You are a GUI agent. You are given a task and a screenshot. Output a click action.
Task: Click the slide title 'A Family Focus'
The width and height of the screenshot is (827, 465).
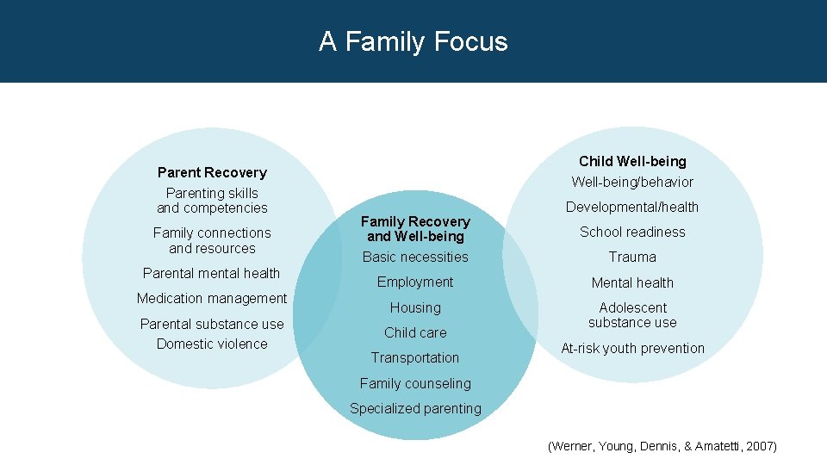coord(413,41)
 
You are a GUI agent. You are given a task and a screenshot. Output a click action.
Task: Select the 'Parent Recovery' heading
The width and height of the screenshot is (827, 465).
coord(212,172)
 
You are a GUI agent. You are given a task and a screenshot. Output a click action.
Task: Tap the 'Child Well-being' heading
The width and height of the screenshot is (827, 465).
coord(632,161)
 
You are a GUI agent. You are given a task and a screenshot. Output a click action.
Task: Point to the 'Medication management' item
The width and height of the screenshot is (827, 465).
coord(212,298)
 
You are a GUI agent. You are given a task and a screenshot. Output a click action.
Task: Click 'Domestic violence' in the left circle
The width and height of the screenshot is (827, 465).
coord(212,344)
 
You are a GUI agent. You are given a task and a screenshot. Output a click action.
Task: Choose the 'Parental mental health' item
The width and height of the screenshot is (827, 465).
coord(212,273)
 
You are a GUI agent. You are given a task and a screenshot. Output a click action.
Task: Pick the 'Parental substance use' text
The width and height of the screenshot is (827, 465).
coord(212,324)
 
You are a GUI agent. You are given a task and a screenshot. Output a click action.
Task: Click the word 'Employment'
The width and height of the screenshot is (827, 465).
coord(415,282)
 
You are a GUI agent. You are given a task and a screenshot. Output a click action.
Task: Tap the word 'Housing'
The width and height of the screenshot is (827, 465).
coord(415,307)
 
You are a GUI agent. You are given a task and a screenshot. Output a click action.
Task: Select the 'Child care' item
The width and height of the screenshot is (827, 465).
coord(415,332)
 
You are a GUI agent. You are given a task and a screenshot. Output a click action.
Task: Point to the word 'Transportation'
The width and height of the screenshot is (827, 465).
coord(415,357)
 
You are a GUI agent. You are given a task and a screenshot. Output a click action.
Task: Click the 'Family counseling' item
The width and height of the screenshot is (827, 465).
coord(415,383)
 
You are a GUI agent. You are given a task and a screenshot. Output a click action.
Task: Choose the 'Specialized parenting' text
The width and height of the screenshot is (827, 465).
coord(415,408)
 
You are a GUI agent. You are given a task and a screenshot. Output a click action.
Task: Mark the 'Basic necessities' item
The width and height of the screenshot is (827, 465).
coord(415,257)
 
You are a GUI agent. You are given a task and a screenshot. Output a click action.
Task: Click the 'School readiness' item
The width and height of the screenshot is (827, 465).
coord(632,232)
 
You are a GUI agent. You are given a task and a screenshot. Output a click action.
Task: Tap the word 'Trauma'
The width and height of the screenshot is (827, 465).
coord(632,257)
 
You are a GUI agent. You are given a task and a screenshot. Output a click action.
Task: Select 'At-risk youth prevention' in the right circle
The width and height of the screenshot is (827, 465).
coord(632,348)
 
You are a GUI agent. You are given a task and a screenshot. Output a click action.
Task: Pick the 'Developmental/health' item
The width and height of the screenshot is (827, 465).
coord(632,207)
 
